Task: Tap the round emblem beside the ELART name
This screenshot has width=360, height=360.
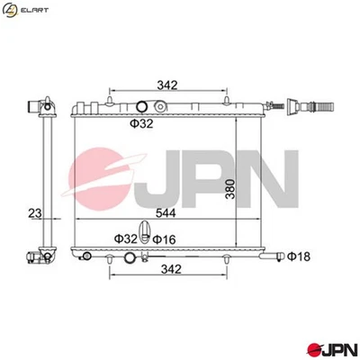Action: pyautogui.click(x=12, y=11)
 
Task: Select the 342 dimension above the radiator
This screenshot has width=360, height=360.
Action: pyautogui.click(x=166, y=85)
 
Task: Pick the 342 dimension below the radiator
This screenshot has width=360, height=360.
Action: pyautogui.click(x=166, y=269)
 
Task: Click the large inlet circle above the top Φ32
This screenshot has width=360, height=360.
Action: pyautogui.click(x=139, y=107)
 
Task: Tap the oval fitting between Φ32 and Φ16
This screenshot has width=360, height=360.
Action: pyautogui.click(x=142, y=232)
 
